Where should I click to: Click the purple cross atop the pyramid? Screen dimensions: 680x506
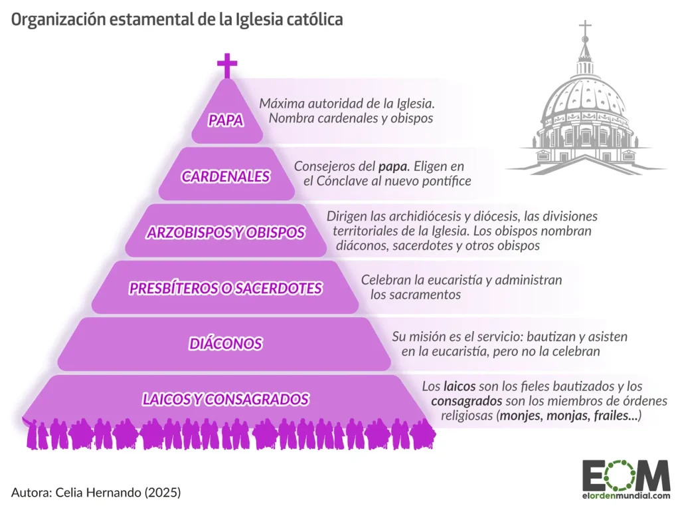(x=227, y=65)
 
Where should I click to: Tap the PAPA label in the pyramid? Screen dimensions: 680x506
(x=226, y=120)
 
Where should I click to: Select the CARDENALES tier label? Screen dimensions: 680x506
(x=226, y=176)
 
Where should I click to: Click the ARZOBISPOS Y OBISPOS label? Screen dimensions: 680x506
(x=226, y=232)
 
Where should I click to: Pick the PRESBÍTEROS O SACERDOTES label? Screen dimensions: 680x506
(x=226, y=288)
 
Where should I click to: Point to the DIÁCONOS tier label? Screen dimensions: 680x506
(x=226, y=344)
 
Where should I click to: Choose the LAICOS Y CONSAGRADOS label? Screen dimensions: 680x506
(x=226, y=399)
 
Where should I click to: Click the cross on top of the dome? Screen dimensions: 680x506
(x=586, y=29)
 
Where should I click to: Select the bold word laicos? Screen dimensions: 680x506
(x=460, y=386)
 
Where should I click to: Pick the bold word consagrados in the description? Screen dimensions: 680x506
(x=467, y=400)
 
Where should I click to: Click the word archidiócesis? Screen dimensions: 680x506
(x=423, y=216)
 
